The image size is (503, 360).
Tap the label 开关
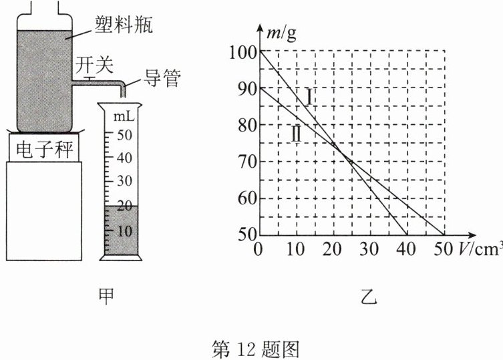[94, 65]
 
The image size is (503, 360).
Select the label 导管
[160, 79]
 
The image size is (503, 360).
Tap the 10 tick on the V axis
[295, 250]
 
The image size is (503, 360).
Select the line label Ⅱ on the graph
[296, 134]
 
